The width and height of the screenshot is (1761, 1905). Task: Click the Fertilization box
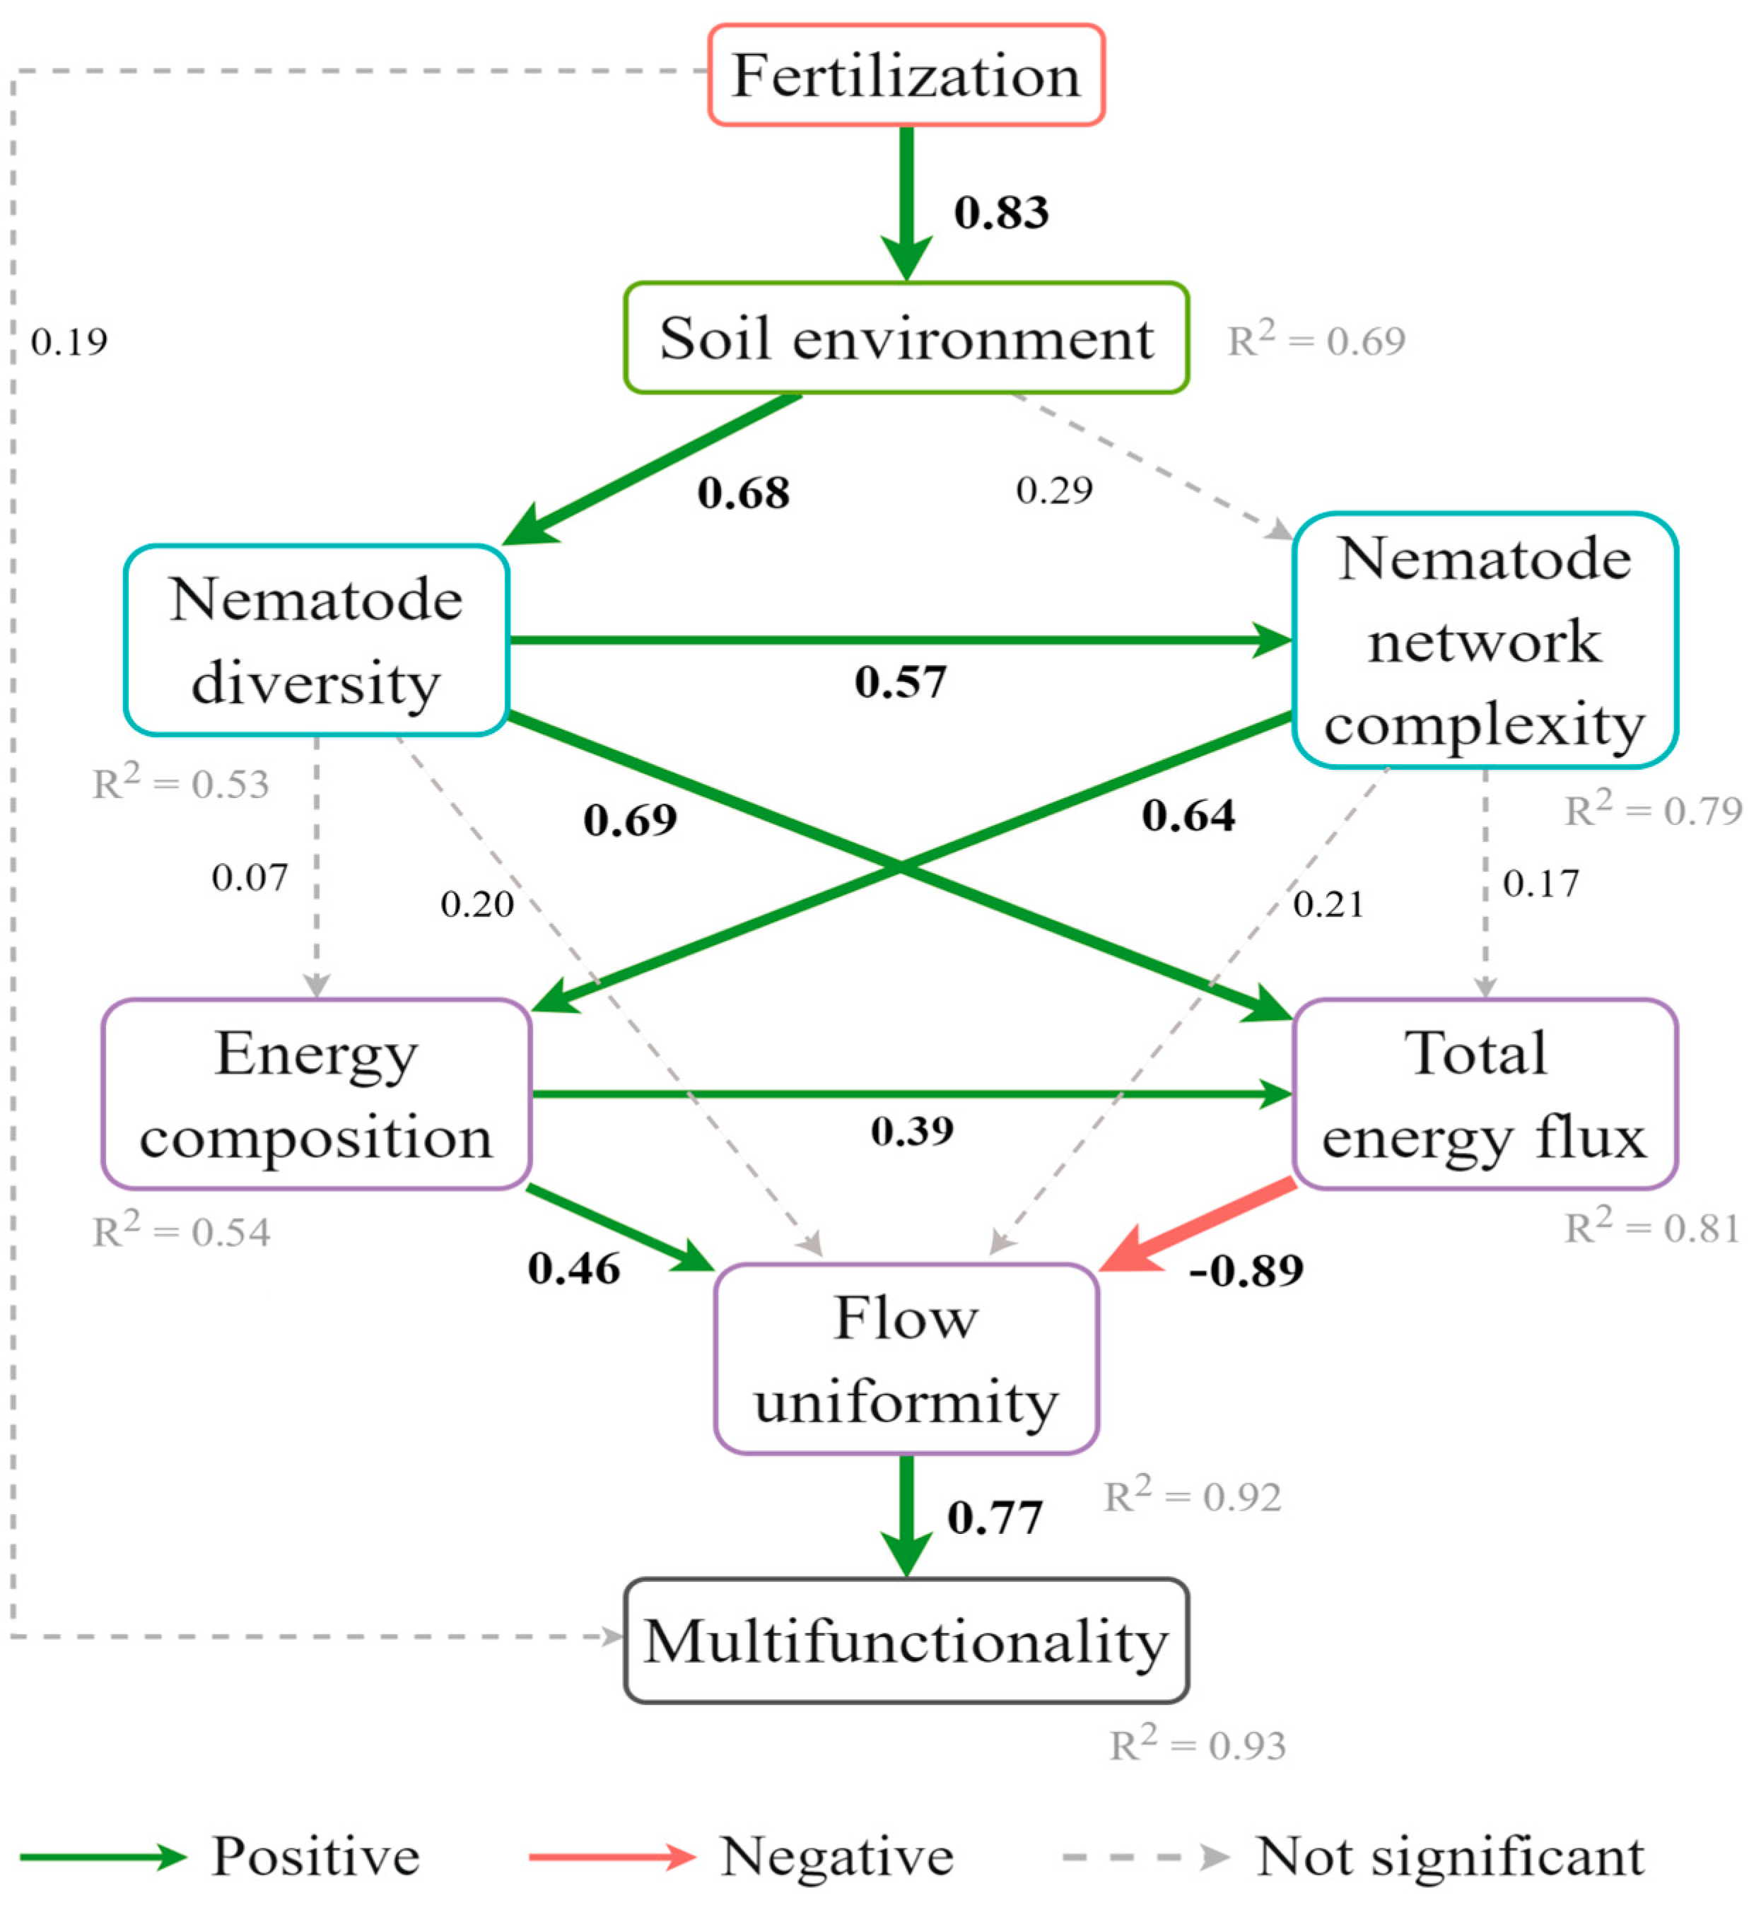906,76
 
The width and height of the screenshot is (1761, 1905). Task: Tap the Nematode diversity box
317,640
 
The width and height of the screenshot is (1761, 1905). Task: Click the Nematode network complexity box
1484,640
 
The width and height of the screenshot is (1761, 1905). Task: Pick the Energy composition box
317,1094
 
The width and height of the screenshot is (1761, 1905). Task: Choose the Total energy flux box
1484,1094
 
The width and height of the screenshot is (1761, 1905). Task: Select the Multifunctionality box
906,1641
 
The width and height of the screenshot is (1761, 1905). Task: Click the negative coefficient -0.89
1246,1270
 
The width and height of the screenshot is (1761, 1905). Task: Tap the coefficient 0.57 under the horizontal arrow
899,682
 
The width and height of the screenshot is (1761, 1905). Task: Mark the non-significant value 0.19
69,341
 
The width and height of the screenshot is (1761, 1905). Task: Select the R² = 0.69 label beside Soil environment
1315,340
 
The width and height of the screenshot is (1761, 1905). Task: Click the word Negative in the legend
836,1856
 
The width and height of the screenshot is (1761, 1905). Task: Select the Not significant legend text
1449,1856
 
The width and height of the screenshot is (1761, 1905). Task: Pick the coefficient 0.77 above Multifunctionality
994,1517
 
